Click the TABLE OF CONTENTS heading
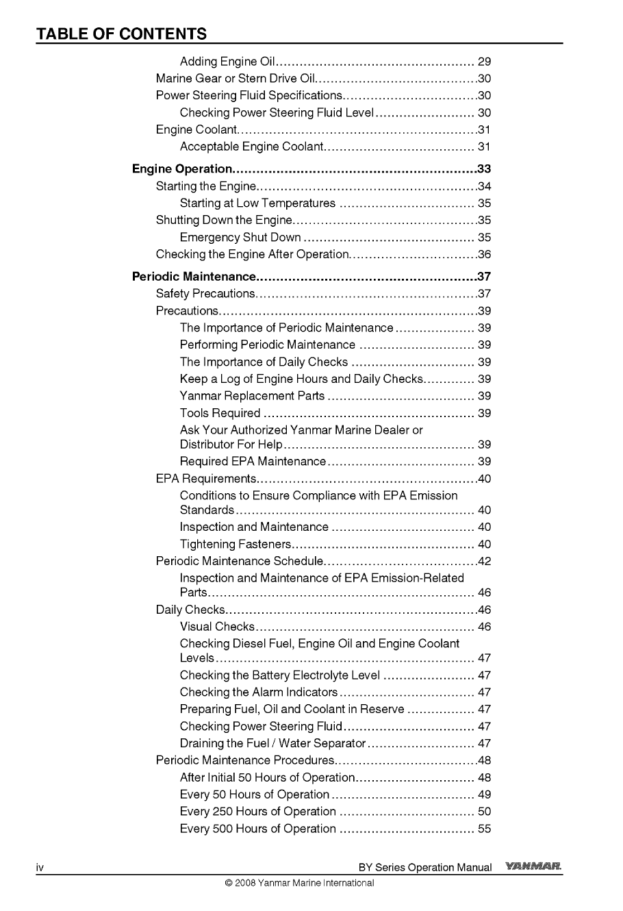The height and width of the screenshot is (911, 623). [x=121, y=34]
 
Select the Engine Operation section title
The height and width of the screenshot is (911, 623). [x=182, y=169]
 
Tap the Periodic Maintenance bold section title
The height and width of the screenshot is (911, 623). [x=194, y=277]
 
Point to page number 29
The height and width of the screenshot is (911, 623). [x=484, y=62]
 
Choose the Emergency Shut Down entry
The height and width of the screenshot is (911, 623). [x=240, y=238]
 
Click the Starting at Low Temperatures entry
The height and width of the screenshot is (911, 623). [x=257, y=203]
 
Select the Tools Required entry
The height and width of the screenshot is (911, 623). [x=220, y=413]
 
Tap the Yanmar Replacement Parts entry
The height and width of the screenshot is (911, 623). [x=252, y=396]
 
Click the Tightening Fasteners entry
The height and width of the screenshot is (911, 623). [x=236, y=545]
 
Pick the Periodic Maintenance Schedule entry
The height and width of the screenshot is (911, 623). [x=238, y=562]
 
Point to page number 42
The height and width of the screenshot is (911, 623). [x=485, y=562]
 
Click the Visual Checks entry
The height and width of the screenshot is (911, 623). [x=217, y=627]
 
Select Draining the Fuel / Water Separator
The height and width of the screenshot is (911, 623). [x=272, y=743]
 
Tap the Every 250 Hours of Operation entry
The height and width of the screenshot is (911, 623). [x=257, y=812]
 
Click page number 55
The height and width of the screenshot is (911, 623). [x=484, y=829]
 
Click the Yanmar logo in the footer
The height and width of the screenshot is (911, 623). [x=534, y=867]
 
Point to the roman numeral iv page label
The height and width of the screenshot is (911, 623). [x=40, y=868]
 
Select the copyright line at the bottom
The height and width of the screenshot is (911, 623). [x=299, y=883]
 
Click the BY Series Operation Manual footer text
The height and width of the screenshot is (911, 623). [x=424, y=868]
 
